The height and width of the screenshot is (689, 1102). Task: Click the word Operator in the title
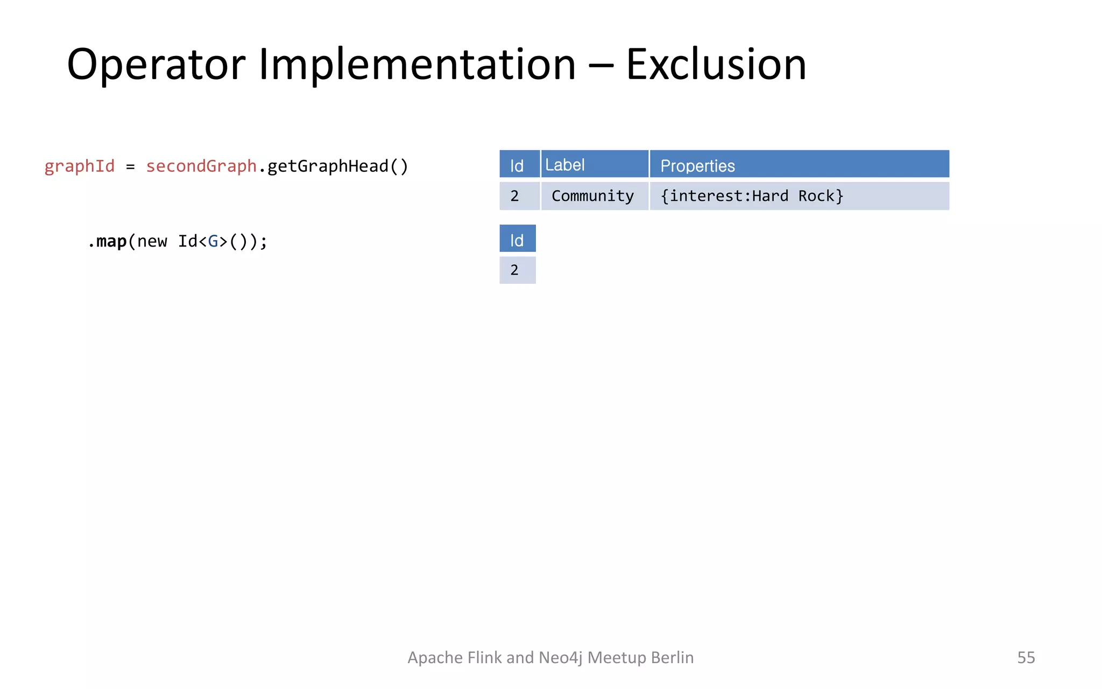(156, 65)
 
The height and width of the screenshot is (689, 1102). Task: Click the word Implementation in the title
(417, 65)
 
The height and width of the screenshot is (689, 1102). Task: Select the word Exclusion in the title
(716, 65)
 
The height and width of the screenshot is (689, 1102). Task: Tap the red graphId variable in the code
(80, 166)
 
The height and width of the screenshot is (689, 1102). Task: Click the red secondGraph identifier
(201, 166)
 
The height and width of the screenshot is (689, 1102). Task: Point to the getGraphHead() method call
(337, 166)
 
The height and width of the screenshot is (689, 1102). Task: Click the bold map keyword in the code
(111, 241)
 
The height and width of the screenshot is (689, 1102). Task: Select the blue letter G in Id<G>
(213, 241)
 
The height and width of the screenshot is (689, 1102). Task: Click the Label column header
(565, 165)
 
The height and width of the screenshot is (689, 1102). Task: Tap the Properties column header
(697, 166)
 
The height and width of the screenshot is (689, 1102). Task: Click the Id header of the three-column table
(517, 166)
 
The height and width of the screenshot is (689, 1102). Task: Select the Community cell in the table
(592, 196)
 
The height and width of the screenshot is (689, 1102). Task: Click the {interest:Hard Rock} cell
(752, 196)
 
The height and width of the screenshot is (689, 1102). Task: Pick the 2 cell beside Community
(514, 196)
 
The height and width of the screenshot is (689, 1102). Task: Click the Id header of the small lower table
(517, 240)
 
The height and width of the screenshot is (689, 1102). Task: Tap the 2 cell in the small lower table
(514, 270)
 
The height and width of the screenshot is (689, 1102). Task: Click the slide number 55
(1026, 657)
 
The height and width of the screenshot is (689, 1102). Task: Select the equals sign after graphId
(130, 167)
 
